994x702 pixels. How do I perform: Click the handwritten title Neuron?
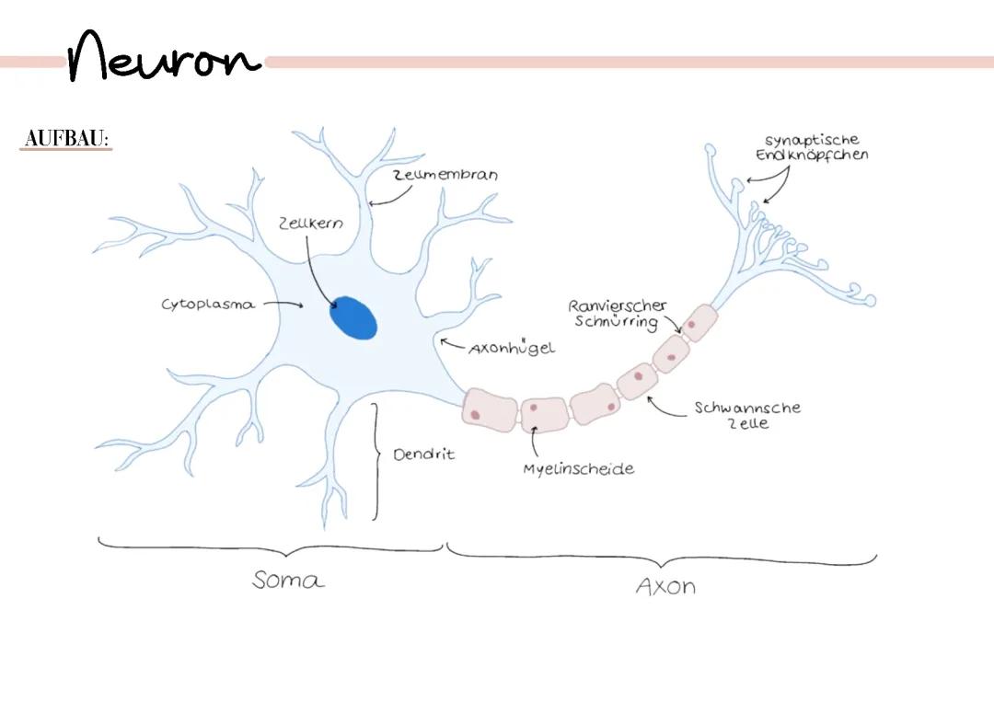click(164, 57)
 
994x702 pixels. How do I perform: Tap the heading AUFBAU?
click(66, 139)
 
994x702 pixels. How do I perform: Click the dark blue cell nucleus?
click(353, 318)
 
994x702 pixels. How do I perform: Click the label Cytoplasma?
click(208, 305)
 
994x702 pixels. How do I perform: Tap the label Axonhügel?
click(512, 349)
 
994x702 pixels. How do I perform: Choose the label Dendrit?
click(423, 455)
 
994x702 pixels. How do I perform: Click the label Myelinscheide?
click(578, 468)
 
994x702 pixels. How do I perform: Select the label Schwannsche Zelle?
click(746, 415)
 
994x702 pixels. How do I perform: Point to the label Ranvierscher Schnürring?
click(617, 313)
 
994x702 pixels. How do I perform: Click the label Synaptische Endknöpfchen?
click(812, 147)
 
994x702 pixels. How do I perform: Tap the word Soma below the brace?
click(288, 581)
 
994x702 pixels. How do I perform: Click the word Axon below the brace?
click(665, 586)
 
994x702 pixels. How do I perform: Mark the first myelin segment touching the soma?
click(490, 409)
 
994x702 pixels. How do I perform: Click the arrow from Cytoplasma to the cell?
click(282, 305)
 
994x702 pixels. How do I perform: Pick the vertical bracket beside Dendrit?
click(376, 460)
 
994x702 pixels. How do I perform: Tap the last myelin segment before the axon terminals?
click(699, 323)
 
